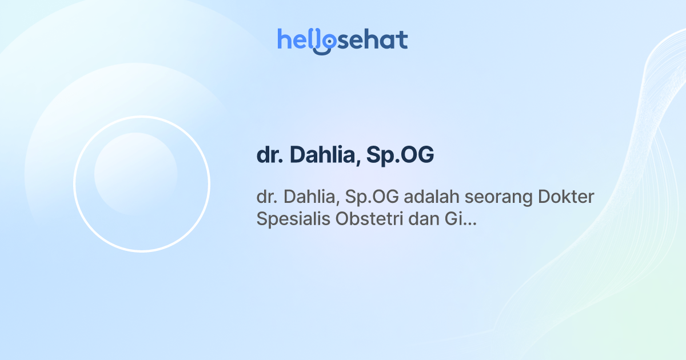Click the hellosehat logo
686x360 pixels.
pos(342,41)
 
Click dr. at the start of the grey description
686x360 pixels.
pos(265,198)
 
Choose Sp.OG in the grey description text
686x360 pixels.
pos(374,198)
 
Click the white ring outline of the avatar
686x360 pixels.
pos(74,184)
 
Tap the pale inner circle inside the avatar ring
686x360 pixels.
pos(135,174)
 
